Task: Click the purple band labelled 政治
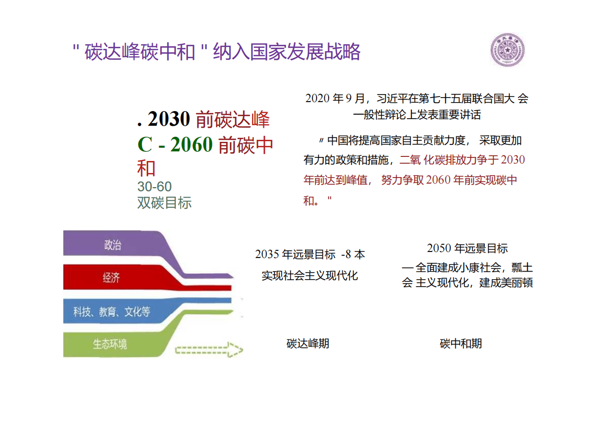(113, 245)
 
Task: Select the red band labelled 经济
(112, 277)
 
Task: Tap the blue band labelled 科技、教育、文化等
(112, 311)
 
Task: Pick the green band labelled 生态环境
(110, 344)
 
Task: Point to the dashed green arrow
(209, 349)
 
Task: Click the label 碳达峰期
(308, 344)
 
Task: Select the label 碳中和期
(461, 344)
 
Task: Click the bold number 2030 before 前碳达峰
(169, 119)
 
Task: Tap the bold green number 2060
(192, 145)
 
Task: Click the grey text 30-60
(154, 187)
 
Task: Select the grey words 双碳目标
(164, 203)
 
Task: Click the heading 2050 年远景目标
(467, 248)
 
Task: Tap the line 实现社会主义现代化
(310, 276)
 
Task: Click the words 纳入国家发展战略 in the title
(286, 52)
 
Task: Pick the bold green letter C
(144, 145)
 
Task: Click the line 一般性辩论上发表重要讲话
(417, 115)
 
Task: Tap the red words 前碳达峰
(233, 119)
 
